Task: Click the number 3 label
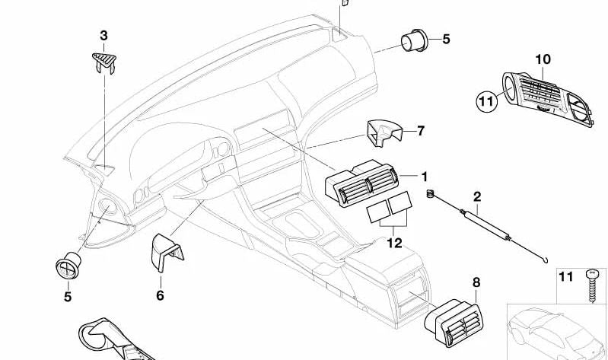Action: [x=104, y=35]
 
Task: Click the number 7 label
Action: [x=420, y=131]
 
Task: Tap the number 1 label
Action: [x=425, y=177]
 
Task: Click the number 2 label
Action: [x=477, y=196]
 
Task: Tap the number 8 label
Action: [x=477, y=282]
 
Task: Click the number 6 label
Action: [x=160, y=295]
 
